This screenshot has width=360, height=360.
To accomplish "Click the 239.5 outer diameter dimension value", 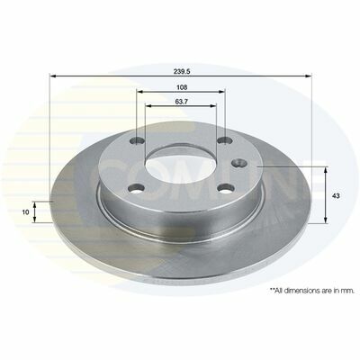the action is click(x=180, y=72).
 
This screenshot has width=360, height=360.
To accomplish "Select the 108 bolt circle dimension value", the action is click(x=182, y=87).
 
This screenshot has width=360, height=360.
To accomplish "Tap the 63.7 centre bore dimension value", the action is click(x=181, y=102).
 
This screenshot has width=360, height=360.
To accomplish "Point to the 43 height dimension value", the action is click(x=336, y=196).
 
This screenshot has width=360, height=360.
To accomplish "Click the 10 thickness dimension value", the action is click(x=26, y=212).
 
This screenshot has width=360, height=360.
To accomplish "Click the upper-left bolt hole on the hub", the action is click(x=138, y=140).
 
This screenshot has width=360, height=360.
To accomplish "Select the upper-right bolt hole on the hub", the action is click(x=225, y=140).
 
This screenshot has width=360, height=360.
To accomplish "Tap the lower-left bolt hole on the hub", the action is click(x=136, y=188).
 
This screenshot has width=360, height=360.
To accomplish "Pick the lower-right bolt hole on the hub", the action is click(x=227, y=189).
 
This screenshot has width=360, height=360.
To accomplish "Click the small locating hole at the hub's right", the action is click(x=239, y=163).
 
